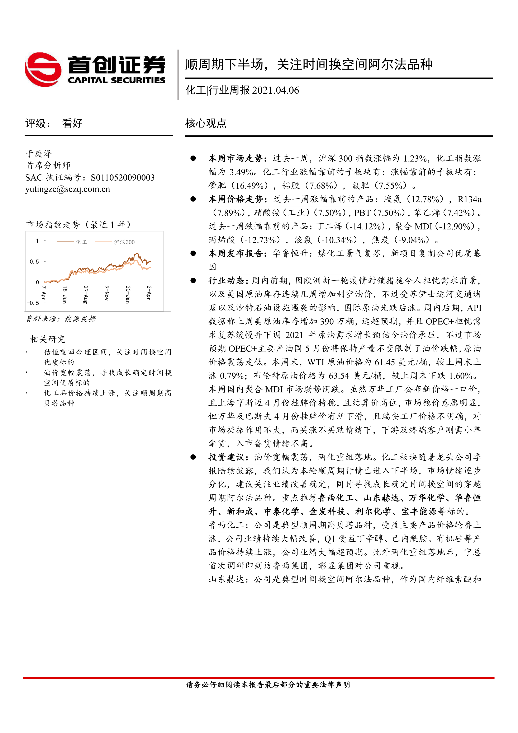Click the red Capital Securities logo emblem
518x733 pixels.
pos(43,69)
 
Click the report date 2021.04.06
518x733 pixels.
pos(276,91)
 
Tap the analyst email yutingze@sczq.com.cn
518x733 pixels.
pos(68,189)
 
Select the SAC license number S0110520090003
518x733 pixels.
pos(123,177)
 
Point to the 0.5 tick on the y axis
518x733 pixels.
pos(34,261)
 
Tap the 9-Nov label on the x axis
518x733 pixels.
pos(107,293)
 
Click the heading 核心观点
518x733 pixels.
pos(206,123)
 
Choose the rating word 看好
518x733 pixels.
pos(72,123)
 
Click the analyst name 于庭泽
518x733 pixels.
pos(39,154)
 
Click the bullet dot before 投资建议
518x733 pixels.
pos(193,457)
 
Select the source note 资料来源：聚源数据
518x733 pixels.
pos(61,319)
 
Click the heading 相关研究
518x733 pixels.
pos(48,339)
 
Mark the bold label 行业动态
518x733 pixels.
pos(227,281)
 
